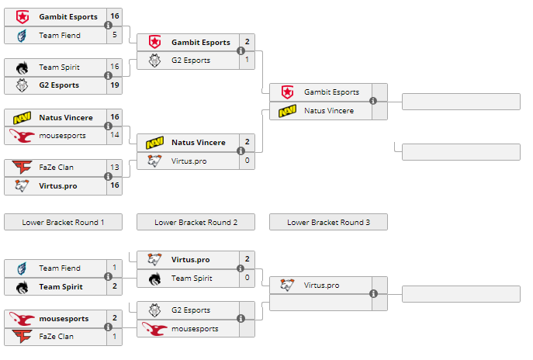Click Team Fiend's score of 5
pyautogui.click(x=115, y=35)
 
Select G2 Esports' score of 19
pyautogui.click(x=115, y=85)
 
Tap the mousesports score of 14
pyautogui.click(x=115, y=135)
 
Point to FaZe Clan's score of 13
pyautogui.click(x=115, y=168)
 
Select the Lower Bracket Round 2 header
pyautogui.click(x=196, y=223)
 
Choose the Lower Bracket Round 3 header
pyautogui.click(x=328, y=223)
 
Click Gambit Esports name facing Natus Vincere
pyautogui.click(x=331, y=92)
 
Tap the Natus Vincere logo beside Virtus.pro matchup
pyautogui.click(x=155, y=143)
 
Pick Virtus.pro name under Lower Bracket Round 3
pyautogui.click(x=321, y=286)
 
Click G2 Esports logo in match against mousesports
pyautogui.click(x=155, y=310)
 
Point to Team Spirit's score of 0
pyautogui.click(x=247, y=278)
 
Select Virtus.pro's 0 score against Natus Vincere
pyautogui.click(x=247, y=161)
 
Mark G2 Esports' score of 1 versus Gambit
pyautogui.click(x=247, y=60)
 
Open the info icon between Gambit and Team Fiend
pyautogui.click(x=108, y=26)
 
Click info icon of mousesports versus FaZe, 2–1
pyautogui.click(x=108, y=328)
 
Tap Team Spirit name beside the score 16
pyautogui.click(x=59, y=67)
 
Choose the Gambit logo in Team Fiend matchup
pyautogui.click(x=22, y=16)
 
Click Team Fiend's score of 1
pyautogui.click(x=115, y=268)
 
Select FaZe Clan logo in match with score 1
pyautogui.click(x=22, y=337)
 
